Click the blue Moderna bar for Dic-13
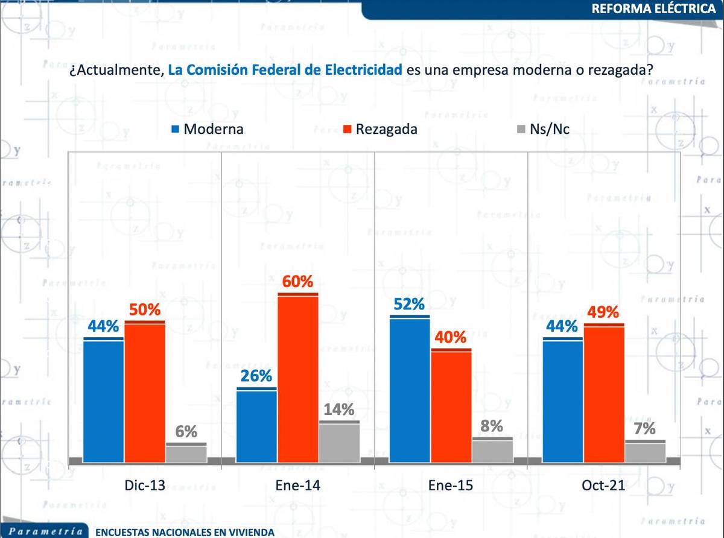(103, 400)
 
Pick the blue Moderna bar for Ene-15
(410, 389)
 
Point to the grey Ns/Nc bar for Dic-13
(186, 452)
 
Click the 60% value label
(298, 282)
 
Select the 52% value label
(410, 305)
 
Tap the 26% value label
(256, 376)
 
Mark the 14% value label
(339, 410)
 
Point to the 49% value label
(604, 312)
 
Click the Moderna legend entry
(208, 128)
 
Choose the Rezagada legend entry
(380, 128)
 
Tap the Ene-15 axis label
(451, 486)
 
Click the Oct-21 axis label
(604, 486)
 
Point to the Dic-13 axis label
(144, 486)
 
